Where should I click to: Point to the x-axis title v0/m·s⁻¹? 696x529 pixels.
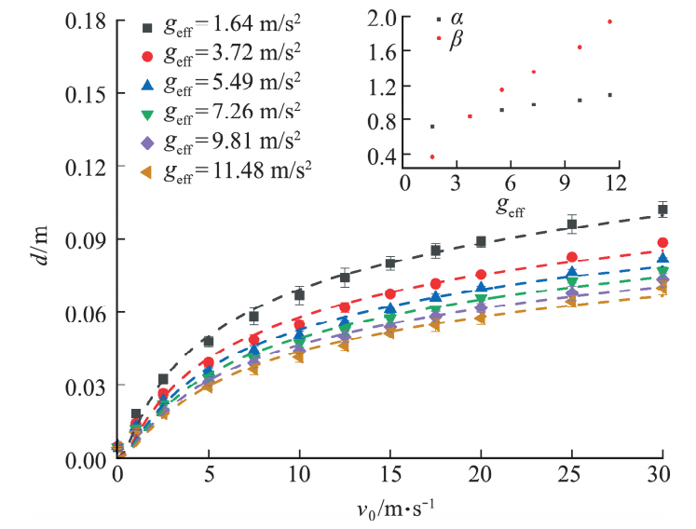click(389, 510)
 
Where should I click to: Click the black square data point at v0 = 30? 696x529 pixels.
click(662, 210)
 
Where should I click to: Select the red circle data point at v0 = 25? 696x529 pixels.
click(572, 257)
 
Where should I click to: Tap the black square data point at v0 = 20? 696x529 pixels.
click(481, 241)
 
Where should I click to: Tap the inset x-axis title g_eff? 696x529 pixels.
click(508, 209)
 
